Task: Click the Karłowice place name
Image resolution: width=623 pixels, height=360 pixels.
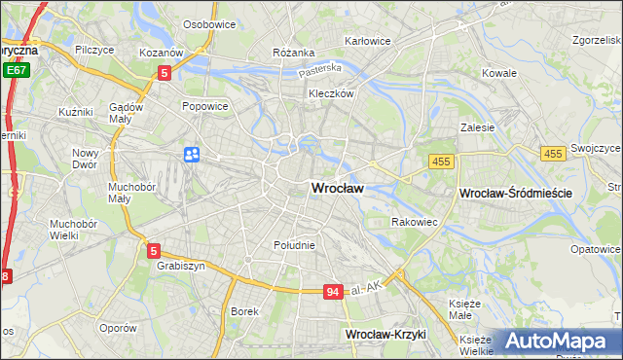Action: point(368,41)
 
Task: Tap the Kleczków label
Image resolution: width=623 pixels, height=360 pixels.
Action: point(329,94)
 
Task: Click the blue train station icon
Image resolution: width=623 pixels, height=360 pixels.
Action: point(192,154)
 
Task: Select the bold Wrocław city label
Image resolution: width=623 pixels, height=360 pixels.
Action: point(338,189)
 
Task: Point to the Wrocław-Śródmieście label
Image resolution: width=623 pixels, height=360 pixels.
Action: point(515,194)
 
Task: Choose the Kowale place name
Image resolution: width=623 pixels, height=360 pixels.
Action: point(499,73)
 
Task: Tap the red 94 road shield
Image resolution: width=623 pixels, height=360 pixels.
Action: point(333,292)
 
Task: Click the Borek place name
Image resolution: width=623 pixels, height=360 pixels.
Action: point(243,311)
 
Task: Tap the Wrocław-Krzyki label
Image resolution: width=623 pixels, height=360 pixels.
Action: point(386,334)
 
